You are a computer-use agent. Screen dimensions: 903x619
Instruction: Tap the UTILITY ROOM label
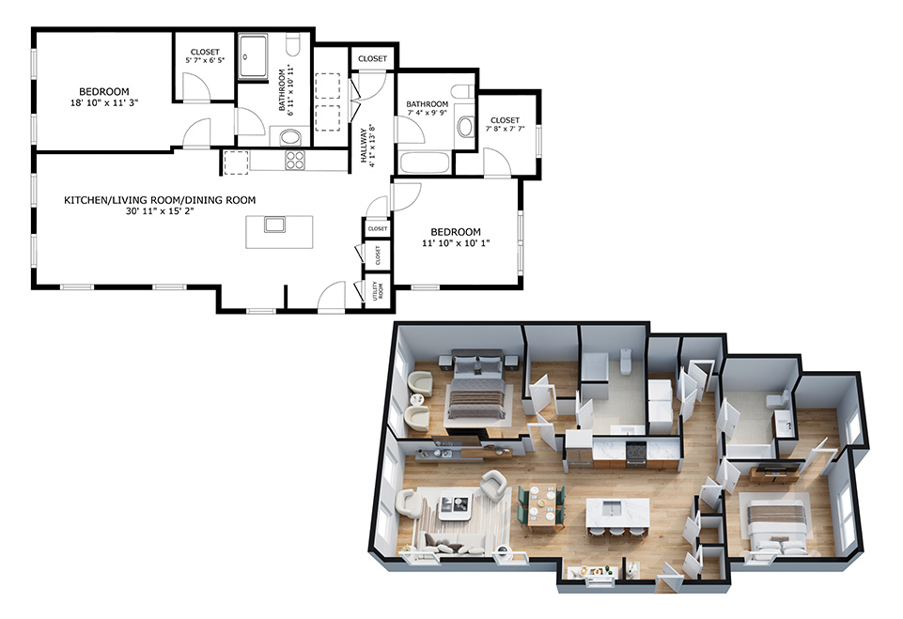[x=378, y=291]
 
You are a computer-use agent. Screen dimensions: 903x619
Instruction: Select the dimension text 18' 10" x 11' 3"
[x=104, y=103]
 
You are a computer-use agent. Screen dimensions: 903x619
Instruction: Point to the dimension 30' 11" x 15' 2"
[x=160, y=211]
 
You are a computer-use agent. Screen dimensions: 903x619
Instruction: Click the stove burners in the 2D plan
[x=295, y=160]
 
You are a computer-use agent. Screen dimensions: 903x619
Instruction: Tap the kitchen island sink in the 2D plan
[x=275, y=224]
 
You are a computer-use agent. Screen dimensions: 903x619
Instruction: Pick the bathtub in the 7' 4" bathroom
[x=425, y=162]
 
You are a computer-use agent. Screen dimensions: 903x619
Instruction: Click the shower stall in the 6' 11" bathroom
[x=254, y=55]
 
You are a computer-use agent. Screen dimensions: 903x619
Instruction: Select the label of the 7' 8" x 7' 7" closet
[x=505, y=120]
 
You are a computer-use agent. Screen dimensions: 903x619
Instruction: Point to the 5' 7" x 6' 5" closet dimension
[x=205, y=60]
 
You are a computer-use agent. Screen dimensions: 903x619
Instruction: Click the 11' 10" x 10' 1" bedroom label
[x=456, y=232]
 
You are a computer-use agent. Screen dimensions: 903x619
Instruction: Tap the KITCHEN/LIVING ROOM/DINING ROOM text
[x=160, y=200]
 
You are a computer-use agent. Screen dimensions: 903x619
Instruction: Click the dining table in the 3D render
[x=541, y=505]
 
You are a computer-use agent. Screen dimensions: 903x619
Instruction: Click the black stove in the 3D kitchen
[x=636, y=452]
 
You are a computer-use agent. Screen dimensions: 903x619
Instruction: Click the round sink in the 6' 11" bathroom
[x=291, y=138]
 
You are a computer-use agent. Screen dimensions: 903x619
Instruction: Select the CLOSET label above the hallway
[x=373, y=59]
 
